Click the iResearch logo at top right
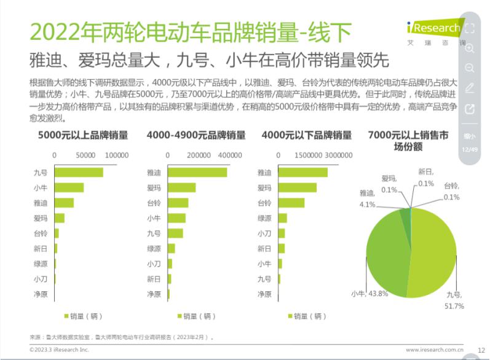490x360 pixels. point(433,28)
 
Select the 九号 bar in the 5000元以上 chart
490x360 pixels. point(79,173)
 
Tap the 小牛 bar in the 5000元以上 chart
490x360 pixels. point(69,187)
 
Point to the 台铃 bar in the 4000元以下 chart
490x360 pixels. point(291,203)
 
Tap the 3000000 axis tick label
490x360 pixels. point(339,155)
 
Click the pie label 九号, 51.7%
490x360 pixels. point(455,300)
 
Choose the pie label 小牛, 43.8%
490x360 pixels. point(369,294)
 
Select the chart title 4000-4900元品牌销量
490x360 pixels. point(196,135)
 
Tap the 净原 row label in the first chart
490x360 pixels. point(41,294)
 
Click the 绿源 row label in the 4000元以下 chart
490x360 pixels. point(264,218)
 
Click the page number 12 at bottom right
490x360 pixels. point(481,350)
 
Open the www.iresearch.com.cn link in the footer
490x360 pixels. point(434,350)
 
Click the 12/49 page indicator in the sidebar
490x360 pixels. point(470,149)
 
